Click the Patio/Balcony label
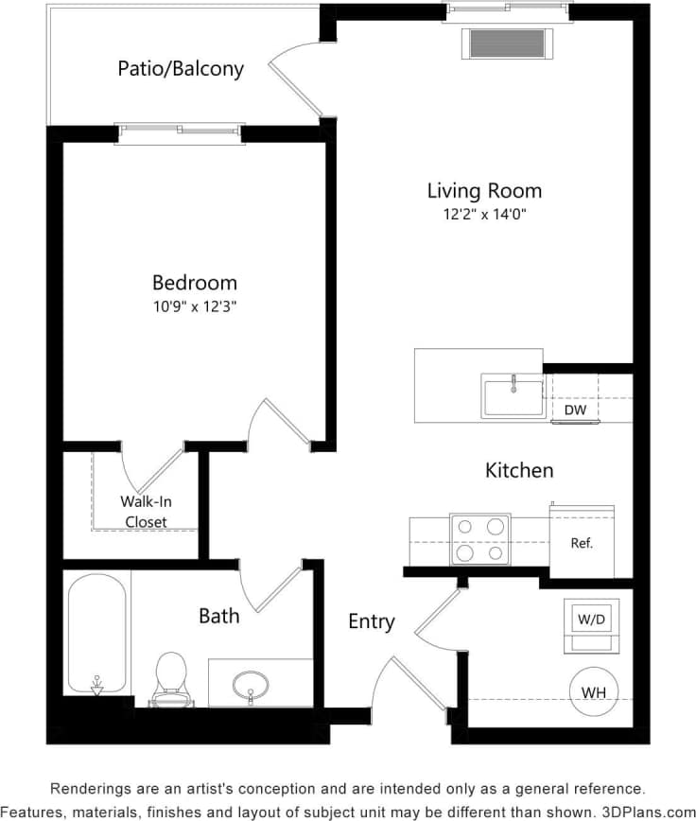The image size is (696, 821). [x=181, y=68]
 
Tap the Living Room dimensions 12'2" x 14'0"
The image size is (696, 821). [x=484, y=214]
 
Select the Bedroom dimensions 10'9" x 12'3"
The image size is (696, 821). [x=195, y=306]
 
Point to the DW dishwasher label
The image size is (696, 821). [x=575, y=410]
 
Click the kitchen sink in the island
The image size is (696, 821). [x=513, y=396]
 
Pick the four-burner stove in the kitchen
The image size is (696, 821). [x=479, y=539]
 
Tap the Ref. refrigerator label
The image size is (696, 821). [x=582, y=544]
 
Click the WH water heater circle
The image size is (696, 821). [x=593, y=692]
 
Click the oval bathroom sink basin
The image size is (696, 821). [x=251, y=683]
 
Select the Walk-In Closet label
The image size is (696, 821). [x=146, y=512]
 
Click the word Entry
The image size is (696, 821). [x=371, y=621]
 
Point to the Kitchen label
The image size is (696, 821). [x=519, y=470]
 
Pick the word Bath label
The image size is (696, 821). [x=218, y=616]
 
